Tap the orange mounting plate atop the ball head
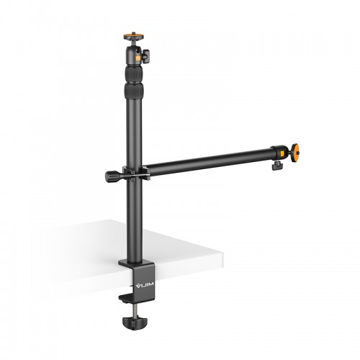click(x=134, y=35)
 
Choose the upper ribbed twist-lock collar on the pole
click(x=134, y=73)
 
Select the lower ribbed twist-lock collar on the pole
click(x=134, y=91)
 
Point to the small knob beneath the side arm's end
click(x=276, y=166)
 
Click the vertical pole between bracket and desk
click(x=135, y=216)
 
